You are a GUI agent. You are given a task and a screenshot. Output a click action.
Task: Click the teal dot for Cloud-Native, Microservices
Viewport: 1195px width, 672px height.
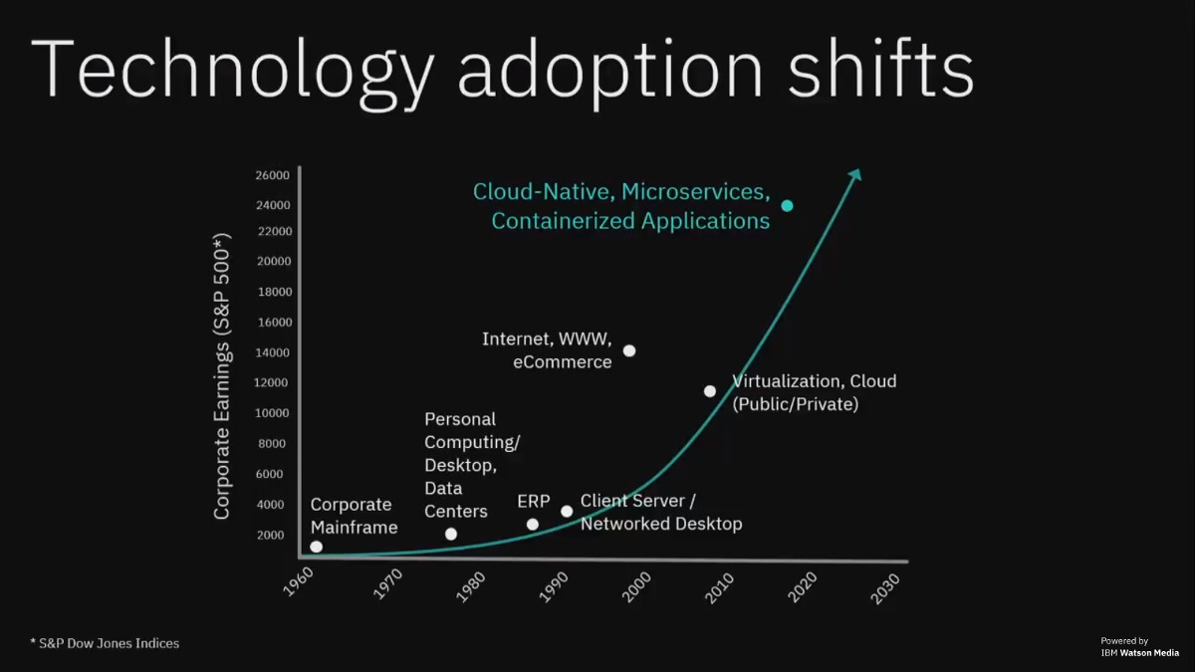(787, 206)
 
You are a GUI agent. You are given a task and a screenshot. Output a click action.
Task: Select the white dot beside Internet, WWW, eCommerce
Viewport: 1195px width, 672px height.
(629, 350)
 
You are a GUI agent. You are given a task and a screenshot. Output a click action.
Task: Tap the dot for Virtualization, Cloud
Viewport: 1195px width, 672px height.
(709, 391)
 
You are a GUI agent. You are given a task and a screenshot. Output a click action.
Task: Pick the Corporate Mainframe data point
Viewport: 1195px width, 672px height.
(317, 547)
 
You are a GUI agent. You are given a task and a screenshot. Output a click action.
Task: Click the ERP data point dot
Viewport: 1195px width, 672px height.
(533, 525)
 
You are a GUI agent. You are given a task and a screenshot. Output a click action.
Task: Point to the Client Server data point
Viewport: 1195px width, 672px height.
(567, 512)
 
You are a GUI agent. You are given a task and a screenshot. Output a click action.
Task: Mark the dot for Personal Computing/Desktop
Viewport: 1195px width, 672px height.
(451, 534)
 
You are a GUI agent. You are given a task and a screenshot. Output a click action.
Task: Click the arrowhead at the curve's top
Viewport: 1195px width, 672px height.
(855, 175)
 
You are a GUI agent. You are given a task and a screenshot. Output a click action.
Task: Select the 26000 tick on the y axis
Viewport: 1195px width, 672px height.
(272, 175)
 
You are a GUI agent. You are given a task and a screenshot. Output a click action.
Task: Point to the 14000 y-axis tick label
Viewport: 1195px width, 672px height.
(272, 352)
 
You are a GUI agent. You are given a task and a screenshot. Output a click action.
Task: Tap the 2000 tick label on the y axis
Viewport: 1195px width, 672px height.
(271, 535)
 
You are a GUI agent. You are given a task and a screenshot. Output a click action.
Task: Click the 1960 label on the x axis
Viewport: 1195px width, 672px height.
(298, 582)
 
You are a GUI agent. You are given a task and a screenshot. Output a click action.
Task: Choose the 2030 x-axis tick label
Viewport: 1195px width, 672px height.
(885, 588)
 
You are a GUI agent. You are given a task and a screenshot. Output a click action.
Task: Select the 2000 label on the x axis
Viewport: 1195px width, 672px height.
(637, 587)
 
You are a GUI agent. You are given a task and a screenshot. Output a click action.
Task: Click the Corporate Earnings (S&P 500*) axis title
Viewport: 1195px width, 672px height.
(221, 376)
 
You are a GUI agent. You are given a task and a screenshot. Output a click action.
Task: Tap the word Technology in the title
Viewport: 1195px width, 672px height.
(233, 71)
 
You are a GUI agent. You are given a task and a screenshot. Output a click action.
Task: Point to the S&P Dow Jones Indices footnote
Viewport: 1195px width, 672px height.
(106, 643)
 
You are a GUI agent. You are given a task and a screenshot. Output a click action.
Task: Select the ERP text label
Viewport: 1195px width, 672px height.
(534, 502)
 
